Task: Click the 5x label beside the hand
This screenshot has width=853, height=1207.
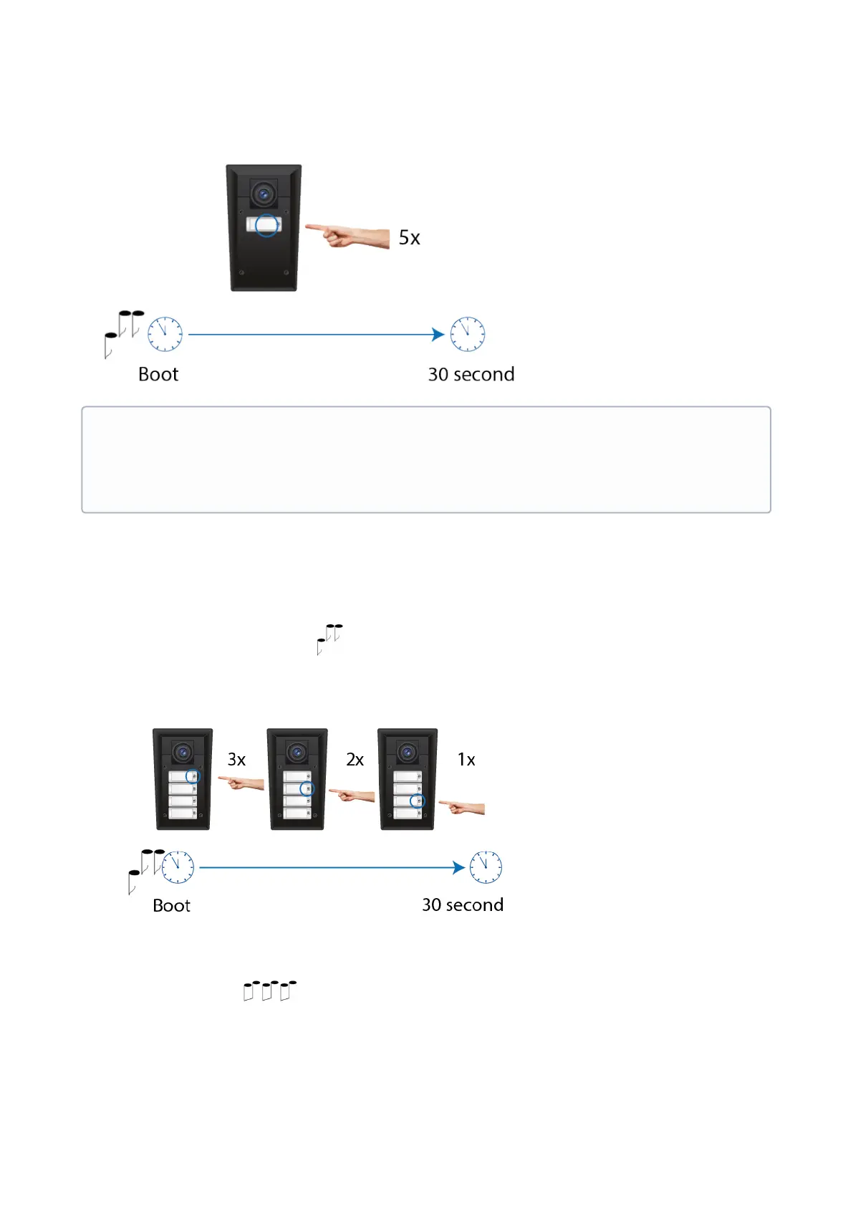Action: tap(409, 238)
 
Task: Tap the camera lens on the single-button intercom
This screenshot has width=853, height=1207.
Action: tap(264, 194)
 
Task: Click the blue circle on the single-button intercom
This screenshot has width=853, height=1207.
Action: tap(267, 226)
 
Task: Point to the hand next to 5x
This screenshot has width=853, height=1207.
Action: tap(348, 235)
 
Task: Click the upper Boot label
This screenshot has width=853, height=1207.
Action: tap(158, 375)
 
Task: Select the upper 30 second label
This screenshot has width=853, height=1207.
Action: tap(471, 375)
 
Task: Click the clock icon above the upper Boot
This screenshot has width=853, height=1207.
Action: tap(165, 334)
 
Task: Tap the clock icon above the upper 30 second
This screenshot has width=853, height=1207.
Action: tap(467, 334)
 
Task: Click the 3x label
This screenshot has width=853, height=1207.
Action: tap(236, 760)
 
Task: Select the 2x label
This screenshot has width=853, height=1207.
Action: tap(355, 760)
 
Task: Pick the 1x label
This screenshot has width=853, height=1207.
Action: tap(466, 760)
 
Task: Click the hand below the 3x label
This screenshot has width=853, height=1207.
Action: tap(241, 782)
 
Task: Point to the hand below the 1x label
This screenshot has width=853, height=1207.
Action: tap(463, 808)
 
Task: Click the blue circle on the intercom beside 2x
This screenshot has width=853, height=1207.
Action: tap(307, 788)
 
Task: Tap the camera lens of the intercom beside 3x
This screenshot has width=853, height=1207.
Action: tap(183, 753)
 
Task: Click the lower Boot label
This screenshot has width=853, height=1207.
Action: tap(171, 906)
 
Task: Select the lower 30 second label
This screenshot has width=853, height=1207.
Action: tap(463, 905)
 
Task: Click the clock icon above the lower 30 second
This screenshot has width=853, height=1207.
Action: tap(486, 867)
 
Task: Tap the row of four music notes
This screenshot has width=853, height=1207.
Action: tap(269, 991)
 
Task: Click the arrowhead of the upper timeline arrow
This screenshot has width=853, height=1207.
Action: tap(438, 334)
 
